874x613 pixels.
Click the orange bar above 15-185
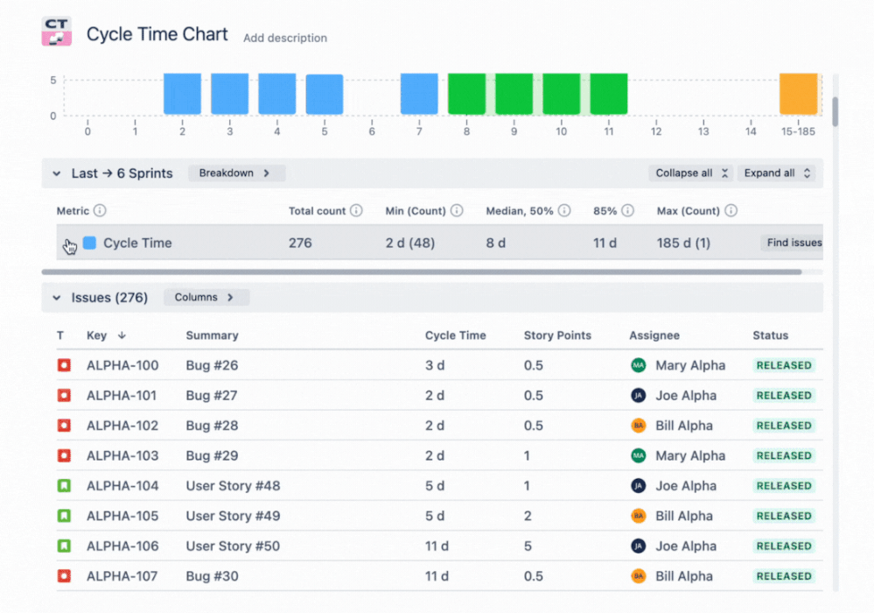(x=798, y=94)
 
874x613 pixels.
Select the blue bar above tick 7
(x=419, y=94)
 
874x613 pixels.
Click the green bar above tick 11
(x=608, y=94)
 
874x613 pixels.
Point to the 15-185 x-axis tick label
(x=798, y=131)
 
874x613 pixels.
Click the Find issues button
(x=794, y=243)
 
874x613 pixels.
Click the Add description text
(x=285, y=38)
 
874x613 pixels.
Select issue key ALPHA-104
(x=122, y=486)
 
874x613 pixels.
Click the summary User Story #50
(x=233, y=546)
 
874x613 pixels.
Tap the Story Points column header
(x=557, y=335)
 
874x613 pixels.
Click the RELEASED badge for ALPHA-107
(x=784, y=576)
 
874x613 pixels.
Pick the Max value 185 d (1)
(x=683, y=243)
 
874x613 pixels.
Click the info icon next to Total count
(x=356, y=211)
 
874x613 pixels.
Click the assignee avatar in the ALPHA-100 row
(x=639, y=365)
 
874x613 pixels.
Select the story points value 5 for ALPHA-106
(x=528, y=546)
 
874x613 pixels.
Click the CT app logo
(x=57, y=32)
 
